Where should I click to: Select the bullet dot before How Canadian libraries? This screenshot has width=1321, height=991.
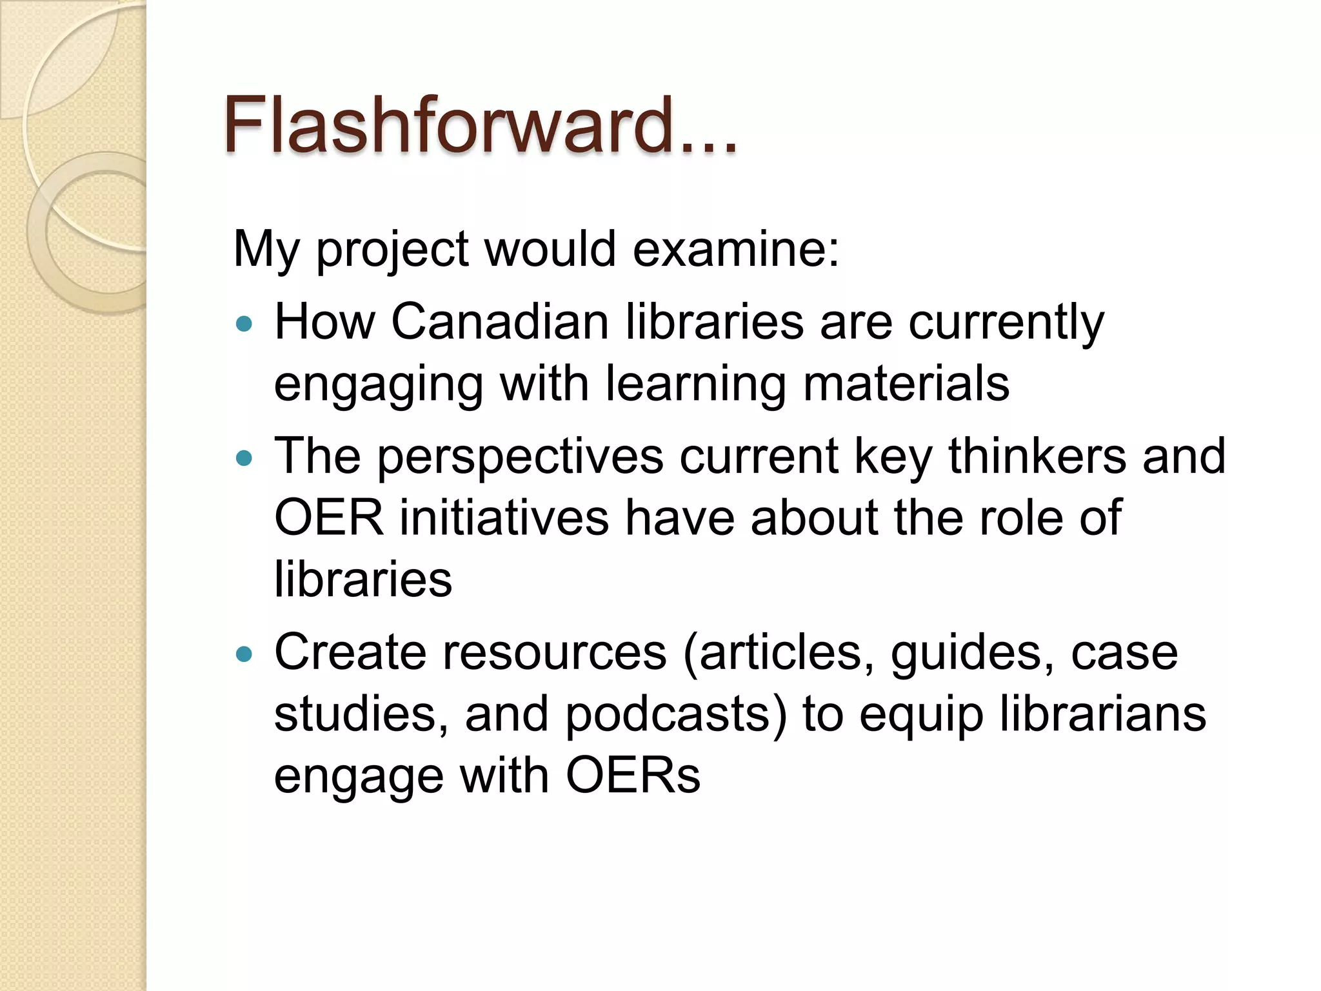pos(244,324)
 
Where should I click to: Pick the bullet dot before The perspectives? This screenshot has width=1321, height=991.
pos(244,459)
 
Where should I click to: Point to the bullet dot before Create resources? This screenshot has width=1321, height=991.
pos(244,655)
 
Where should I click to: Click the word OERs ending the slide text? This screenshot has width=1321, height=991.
pos(633,775)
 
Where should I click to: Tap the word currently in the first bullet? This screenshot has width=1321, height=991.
pos(1006,322)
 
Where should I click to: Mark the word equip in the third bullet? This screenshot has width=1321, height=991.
pos(922,716)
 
